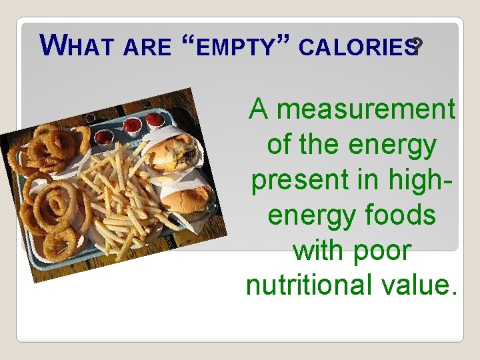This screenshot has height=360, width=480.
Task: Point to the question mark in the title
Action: [x=417, y=47]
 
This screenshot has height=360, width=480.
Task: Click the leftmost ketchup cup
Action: [x=105, y=137]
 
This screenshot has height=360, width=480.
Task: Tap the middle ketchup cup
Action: [x=132, y=126]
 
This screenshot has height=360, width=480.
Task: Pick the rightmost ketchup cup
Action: [x=155, y=119]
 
